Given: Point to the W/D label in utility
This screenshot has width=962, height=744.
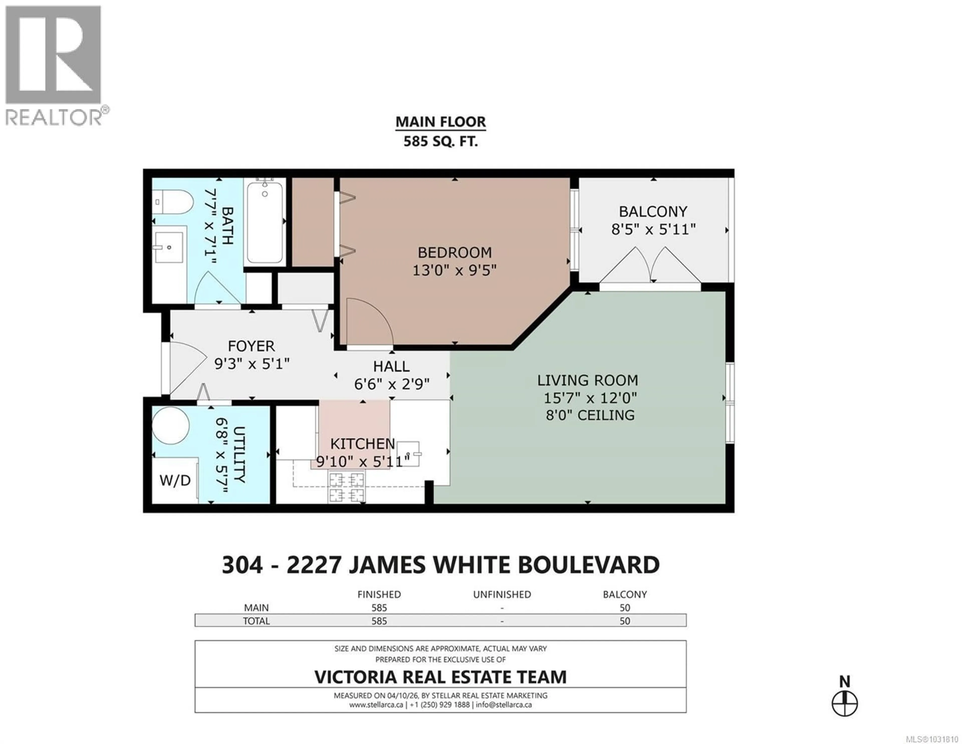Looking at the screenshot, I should pyautogui.click(x=175, y=480).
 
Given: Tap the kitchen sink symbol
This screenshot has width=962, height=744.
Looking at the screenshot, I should pyautogui.click(x=408, y=454).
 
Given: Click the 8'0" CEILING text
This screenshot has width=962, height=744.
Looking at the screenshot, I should pyautogui.click(x=590, y=415).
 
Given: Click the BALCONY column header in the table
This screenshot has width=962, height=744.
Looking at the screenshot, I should pyautogui.click(x=625, y=594).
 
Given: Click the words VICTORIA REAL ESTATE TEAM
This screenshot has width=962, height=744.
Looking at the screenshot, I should pyautogui.click(x=440, y=677).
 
